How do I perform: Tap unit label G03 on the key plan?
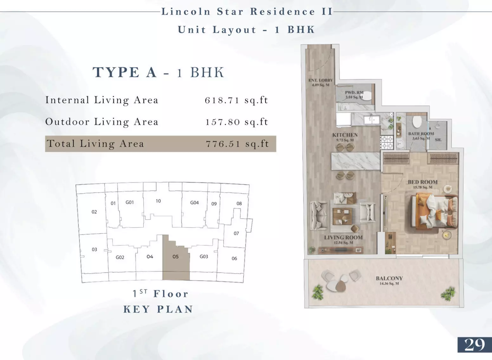tap(204, 256)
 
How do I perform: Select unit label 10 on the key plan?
tap(158, 201)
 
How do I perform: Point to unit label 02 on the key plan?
tap(94, 212)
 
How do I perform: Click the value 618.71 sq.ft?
tap(236, 100)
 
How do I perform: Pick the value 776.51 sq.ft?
tap(237, 144)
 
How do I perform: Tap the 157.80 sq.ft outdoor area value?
tap(237, 122)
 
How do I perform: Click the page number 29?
tap(475, 345)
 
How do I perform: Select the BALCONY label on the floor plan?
tap(389, 278)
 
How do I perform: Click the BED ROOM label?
tap(423, 182)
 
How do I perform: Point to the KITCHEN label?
tap(345, 135)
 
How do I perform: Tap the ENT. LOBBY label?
tap(321, 80)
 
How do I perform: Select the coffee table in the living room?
tap(342, 216)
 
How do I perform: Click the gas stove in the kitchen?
tap(387, 142)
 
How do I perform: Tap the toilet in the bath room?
tap(417, 121)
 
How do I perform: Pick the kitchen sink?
tap(372, 120)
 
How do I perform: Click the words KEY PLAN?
tap(158, 309)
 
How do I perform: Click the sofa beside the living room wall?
tap(318, 216)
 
